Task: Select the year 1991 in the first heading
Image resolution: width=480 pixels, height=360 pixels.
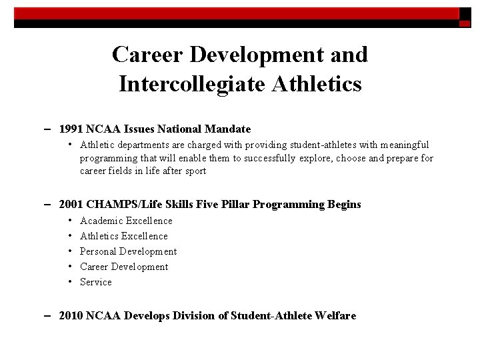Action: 70,129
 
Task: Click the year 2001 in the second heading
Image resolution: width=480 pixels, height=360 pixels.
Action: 70,205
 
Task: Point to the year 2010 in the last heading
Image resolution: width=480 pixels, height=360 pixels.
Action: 70,315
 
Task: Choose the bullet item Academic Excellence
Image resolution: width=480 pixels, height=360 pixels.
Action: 126,221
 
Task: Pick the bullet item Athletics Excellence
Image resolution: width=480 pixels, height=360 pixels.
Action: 124,236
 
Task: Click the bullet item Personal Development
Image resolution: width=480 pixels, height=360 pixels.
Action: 128,251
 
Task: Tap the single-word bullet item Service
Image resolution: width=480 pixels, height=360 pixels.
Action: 96,282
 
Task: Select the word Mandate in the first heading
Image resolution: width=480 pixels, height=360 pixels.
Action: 229,129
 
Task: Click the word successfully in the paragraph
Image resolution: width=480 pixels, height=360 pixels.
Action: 269,158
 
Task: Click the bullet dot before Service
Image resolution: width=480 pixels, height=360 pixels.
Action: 70,282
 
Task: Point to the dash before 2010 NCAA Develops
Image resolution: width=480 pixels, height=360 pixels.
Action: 51,315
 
